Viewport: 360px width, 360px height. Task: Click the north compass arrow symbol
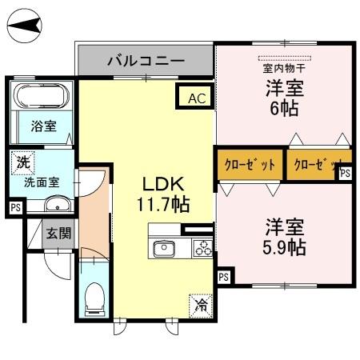click(25, 30)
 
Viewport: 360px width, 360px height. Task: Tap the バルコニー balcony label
click(146, 61)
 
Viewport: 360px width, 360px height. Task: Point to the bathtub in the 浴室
click(42, 98)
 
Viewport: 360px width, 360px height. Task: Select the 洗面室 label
click(40, 182)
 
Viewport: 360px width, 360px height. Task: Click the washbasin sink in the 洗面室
click(57, 206)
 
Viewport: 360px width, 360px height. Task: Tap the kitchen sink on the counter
click(166, 247)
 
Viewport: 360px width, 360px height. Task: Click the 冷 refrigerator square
click(200, 305)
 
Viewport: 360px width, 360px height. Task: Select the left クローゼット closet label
click(250, 165)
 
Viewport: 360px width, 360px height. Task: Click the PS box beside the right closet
click(346, 173)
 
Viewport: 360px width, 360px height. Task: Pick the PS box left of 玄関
click(16, 208)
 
